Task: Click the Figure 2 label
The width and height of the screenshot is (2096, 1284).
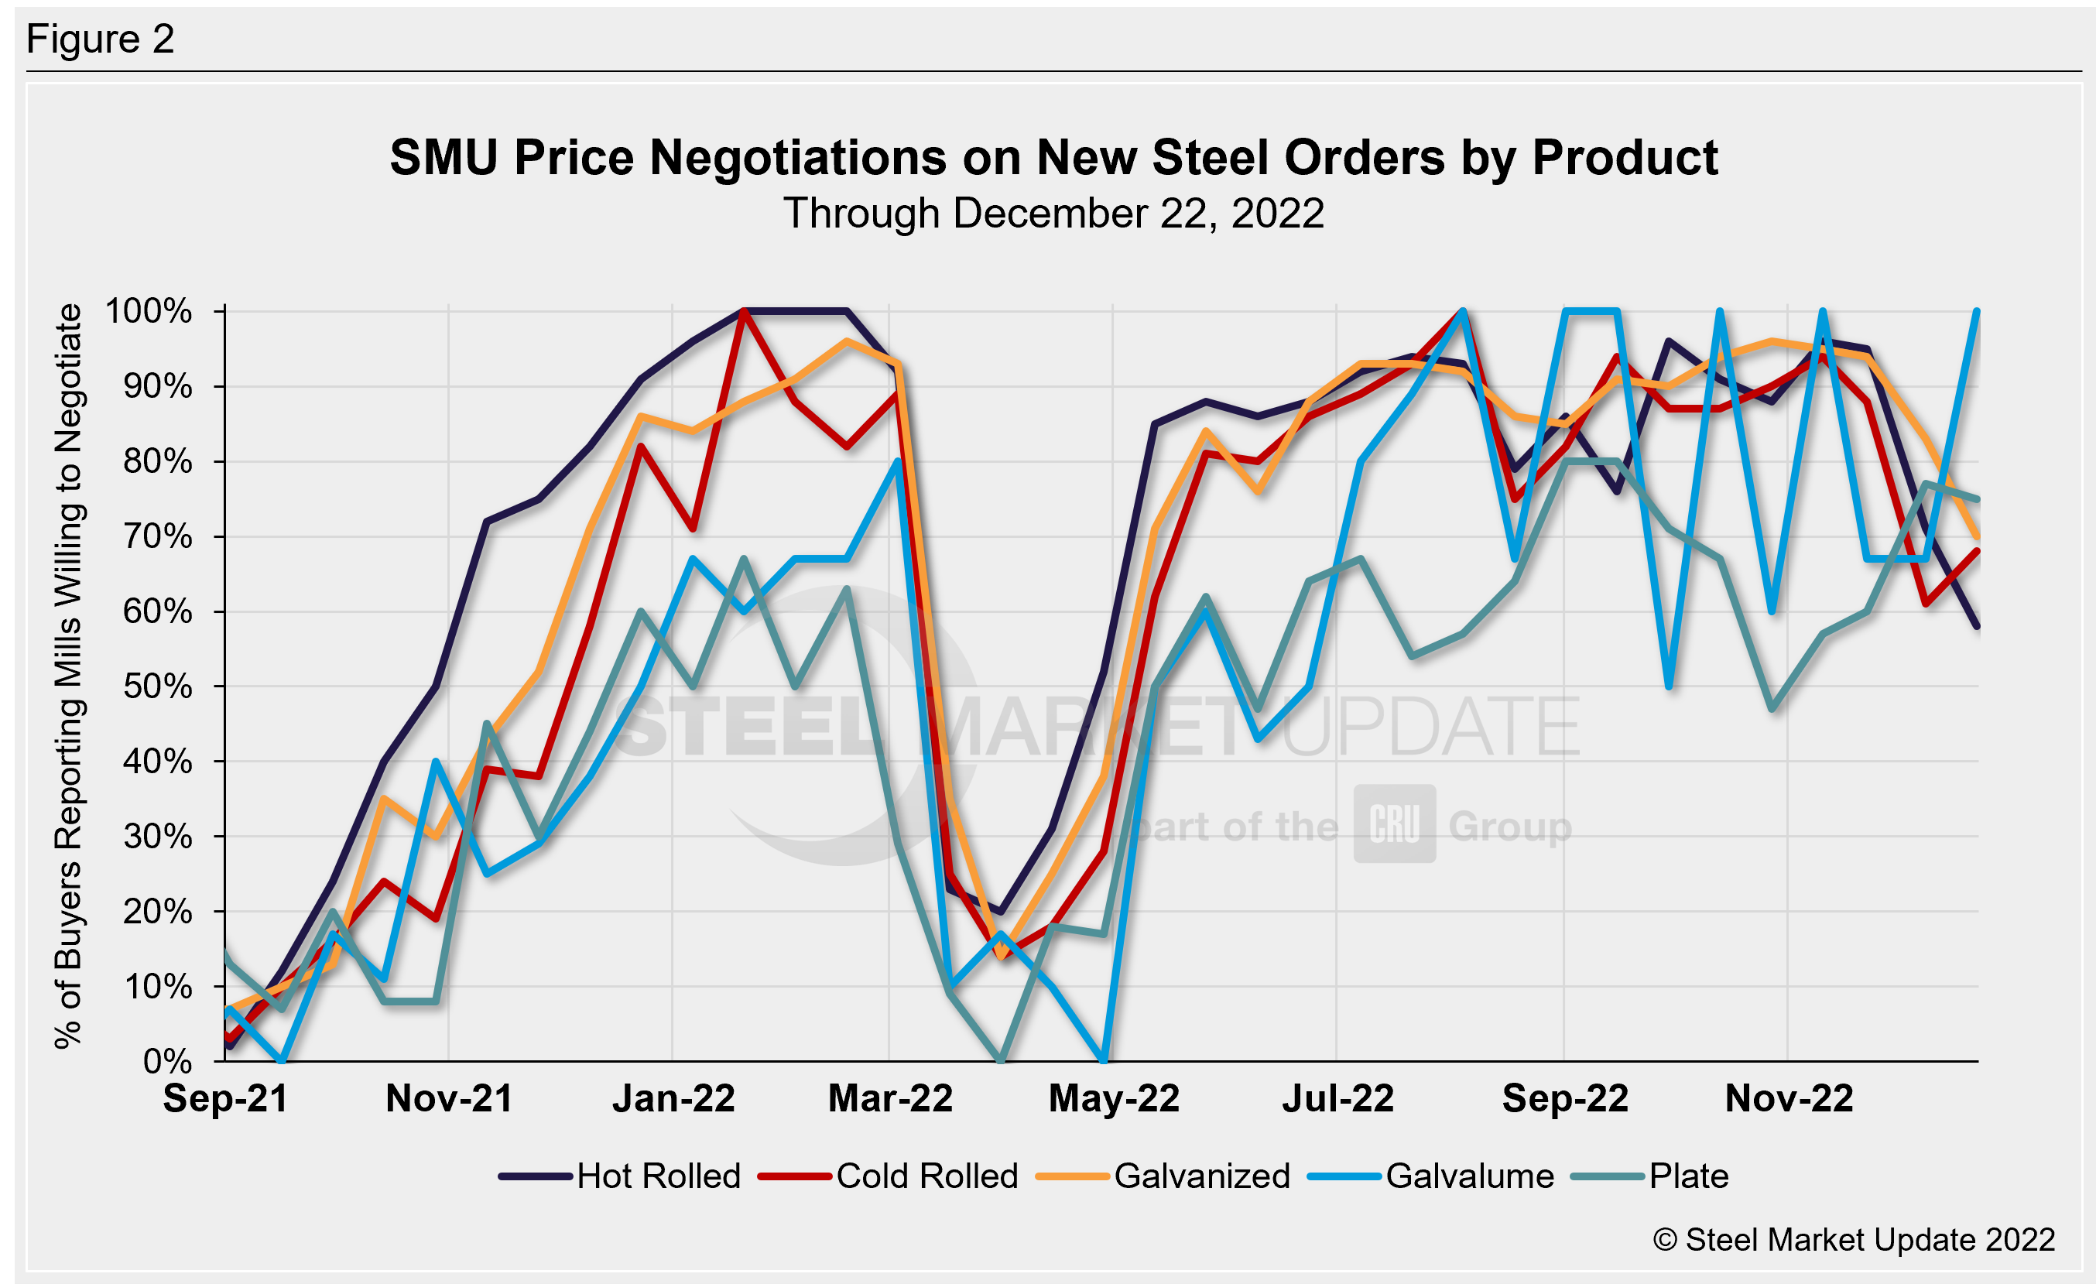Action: click(x=101, y=39)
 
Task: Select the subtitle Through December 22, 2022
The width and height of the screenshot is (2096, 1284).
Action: click(x=1053, y=214)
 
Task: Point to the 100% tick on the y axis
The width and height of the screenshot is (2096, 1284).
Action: click(x=148, y=311)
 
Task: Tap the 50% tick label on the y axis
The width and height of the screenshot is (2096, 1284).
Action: click(x=157, y=687)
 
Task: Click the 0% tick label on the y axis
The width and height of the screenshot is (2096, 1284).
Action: click(x=168, y=1061)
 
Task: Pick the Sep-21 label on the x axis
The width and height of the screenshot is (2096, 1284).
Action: click(x=225, y=1098)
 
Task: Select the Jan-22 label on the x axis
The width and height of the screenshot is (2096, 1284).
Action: click(x=673, y=1098)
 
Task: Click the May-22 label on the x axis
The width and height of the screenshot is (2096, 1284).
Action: click(x=1114, y=1098)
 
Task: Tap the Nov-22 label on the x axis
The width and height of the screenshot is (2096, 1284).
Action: click(x=1788, y=1098)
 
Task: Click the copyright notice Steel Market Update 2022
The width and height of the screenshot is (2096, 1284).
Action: click(x=1854, y=1240)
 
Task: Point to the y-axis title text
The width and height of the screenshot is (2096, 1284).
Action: click(x=68, y=676)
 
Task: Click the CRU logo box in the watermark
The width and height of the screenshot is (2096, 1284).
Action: click(x=1394, y=824)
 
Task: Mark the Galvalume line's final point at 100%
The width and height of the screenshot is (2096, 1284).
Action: click(x=1977, y=311)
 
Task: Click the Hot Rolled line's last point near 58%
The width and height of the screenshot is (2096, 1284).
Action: click(x=1977, y=626)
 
